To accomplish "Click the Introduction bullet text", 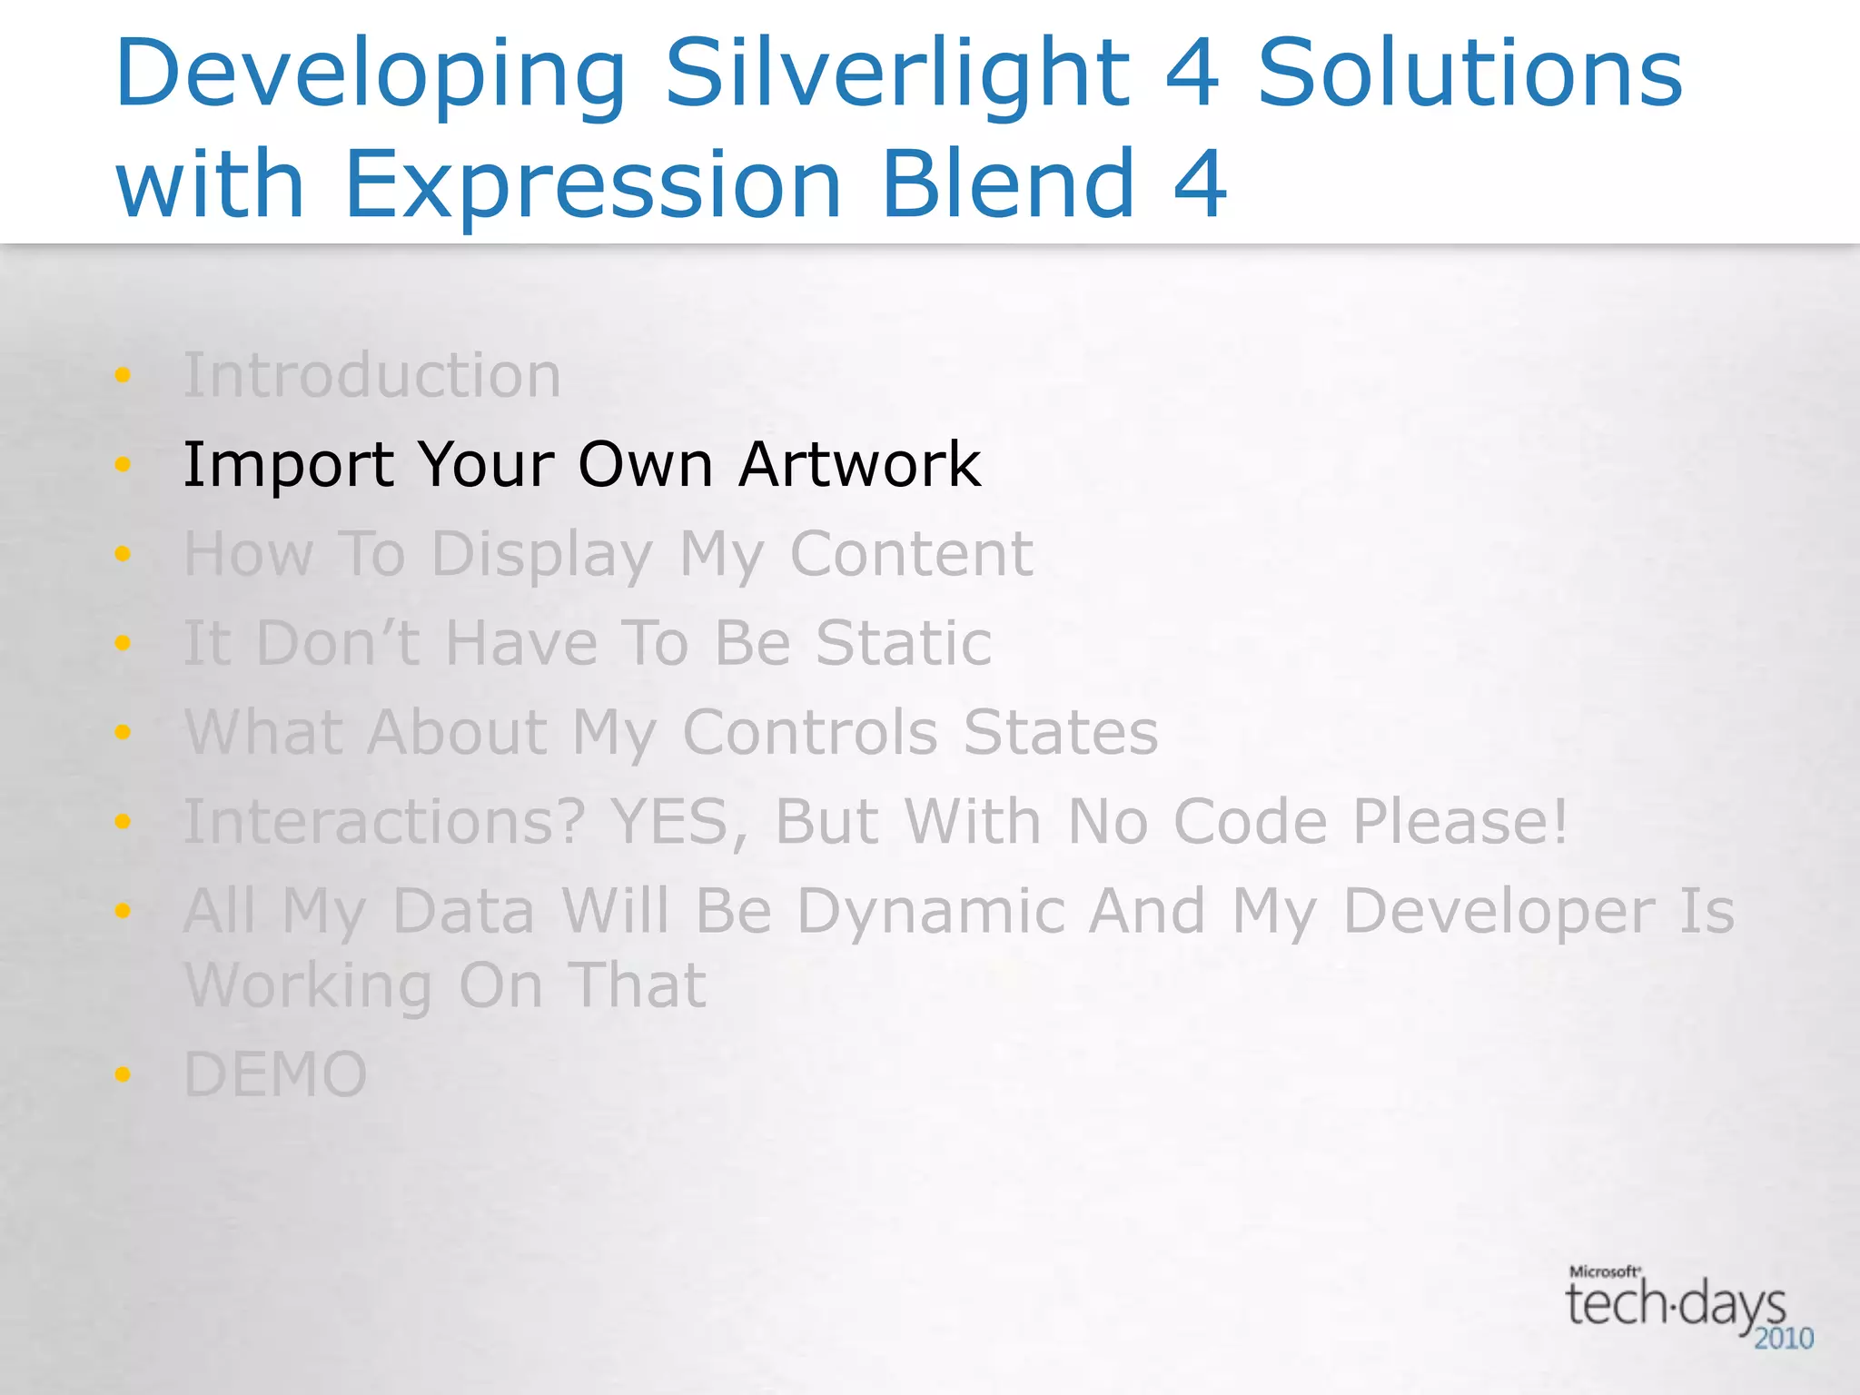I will coord(372,375).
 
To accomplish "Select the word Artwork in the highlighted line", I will coord(859,464).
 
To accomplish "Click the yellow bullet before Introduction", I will coord(123,375).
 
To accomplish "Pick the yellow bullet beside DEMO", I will coord(123,1075).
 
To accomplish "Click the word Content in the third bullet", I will coord(911,553).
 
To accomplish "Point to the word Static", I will coord(904,643).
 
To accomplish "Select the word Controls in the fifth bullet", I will coord(809,732).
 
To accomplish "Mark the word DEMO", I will coord(275,1075).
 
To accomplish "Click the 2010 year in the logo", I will coord(1783,1339).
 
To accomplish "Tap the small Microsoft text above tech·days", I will coord(1604,1271).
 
